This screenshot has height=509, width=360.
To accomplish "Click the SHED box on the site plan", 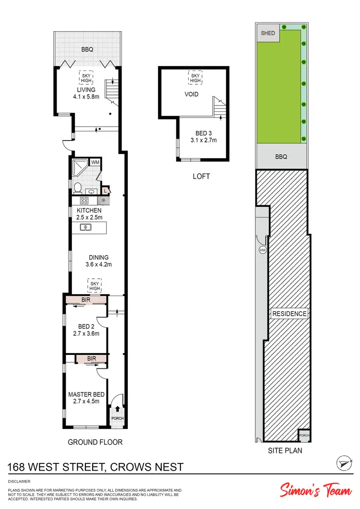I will [268, 33].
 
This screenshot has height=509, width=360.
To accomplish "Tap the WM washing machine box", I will [95, 163].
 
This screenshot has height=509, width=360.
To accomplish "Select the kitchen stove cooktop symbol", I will [84, 201].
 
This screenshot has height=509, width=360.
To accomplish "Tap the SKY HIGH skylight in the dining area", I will [95, 286].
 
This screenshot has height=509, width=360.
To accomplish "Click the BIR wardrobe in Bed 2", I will [86, 300].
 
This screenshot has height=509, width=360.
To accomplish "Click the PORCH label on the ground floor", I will [117, 418].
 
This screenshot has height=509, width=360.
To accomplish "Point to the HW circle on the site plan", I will [263, 250].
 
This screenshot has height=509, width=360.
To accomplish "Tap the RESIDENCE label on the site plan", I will [289, 314].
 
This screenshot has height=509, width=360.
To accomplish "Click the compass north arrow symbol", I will [343, 462].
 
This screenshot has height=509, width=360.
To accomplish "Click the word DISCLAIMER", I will [20, 481].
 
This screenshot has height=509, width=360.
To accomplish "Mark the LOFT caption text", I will [201, 177].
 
